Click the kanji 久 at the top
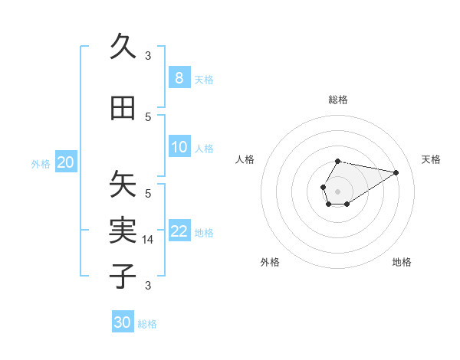pyautogui.click(x=123, y=46)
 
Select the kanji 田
pyautogui.click(x=123, y=109)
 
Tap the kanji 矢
pyautogui.click(x=123, y=184)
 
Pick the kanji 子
pyautogui.click(x=123, y=276)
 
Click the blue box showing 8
pyautogui.click(x=179, y=77)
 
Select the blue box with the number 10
pyautogui.click(x=179, y=147)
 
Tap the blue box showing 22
pyautogui.click(x=179, y=231)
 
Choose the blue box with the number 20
pyautogui.click(x=65, y=162)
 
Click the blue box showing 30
pyautogui.click(x=123, y=322)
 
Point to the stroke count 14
pyautogui.click(x=149, y=240)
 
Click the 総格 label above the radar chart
pyautogui.click(x=338, y=100)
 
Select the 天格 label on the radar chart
pyautogui.click(x=432, y=159)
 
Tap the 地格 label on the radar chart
pyautogui.click(x=402, y=262)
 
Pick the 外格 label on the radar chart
pyautogui.click(x=270, y=262)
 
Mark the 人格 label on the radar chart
pyautogui.click(x=245, y=159)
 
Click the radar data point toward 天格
pyautogui.click(x=396, y=172)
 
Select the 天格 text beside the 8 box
pyautogui.click(x=204, y=79)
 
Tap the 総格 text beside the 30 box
pyautogui.click(x=147, y=324)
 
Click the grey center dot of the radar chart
pyautogui.click(x=337, y=190)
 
